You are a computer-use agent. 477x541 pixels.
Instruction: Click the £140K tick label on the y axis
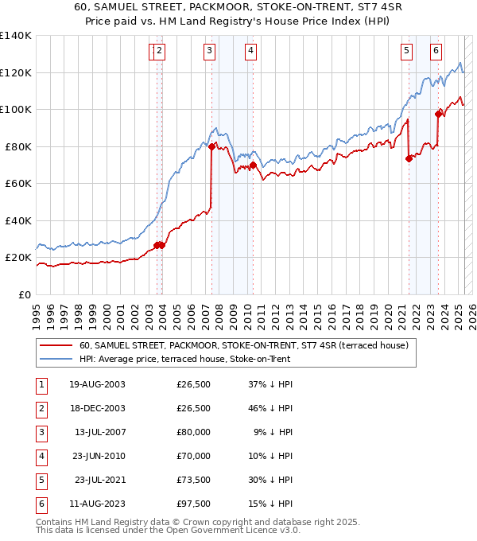click(x=16, y=36)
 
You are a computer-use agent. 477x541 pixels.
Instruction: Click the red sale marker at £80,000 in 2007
click(x=211, y=146)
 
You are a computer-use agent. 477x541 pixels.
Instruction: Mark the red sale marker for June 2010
click(x=253, y=165)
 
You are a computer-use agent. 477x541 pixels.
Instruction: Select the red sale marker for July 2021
click(x=409, y=158)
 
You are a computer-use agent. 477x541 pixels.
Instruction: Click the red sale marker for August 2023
click(x=438, y=114)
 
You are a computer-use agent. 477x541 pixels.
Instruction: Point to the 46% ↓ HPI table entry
click(x=266, y=409)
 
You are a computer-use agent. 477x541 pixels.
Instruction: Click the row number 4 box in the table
click(x=40, y=457)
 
